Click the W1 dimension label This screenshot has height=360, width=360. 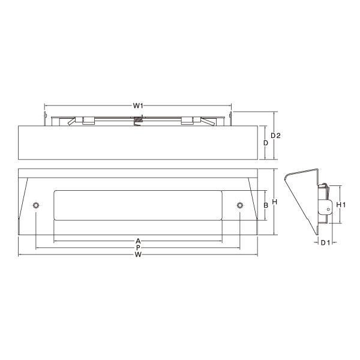(x=138, y=106)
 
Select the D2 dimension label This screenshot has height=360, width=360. (x=275, y=136)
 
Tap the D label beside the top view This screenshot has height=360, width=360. (x=266, y=143)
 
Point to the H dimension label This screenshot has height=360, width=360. (x=275, y=202)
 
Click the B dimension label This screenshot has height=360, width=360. (x=266, y=205)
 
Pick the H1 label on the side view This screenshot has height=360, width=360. (x=341, y=205)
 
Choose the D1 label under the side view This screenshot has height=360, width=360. (x=325, y=242)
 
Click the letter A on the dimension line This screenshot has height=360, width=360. (x=138, y=241)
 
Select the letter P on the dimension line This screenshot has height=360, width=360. (x=138, y=248)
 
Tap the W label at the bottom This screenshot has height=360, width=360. (x=138, y=254)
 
